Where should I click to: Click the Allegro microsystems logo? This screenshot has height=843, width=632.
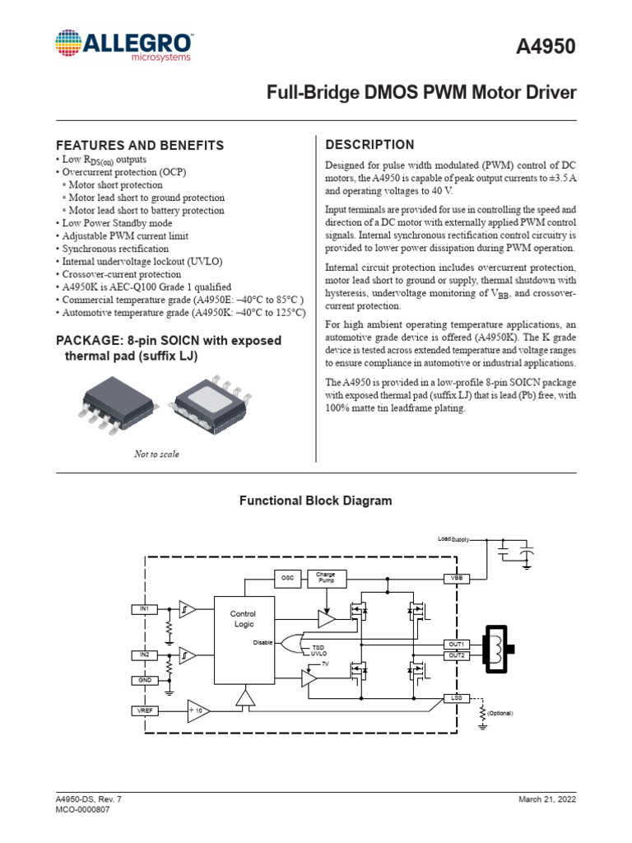(x=124, y=46)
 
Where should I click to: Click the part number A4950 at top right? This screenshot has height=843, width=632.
(x=546, y=49)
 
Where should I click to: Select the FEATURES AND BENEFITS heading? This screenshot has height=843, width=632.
(x=139, y=145)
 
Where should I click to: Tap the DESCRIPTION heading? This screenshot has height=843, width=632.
(x=370, y=145)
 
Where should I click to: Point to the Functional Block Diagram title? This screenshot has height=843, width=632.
(x=315, y=501)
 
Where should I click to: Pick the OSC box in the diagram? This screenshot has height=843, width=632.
(x=287, y=578)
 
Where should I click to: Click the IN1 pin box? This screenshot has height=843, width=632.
(x=143, y=609)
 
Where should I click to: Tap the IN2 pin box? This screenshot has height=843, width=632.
(x=143, y=654)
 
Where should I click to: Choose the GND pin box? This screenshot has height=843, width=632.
(x=143, y=680)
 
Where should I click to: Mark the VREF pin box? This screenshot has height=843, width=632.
(x=143, y=710)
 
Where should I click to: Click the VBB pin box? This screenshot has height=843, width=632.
(x=456, y=578)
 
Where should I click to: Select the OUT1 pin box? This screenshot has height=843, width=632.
(x=456, y=643)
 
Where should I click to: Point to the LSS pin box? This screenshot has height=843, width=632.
(x=456, y=697)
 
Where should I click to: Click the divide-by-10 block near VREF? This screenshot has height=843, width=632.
(x=198, y=710)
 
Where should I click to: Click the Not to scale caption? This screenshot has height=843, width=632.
(x=156, y=454)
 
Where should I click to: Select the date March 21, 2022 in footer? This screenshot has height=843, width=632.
(x=546, y=799)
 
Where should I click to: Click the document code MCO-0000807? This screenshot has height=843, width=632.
(x=82, y=810)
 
